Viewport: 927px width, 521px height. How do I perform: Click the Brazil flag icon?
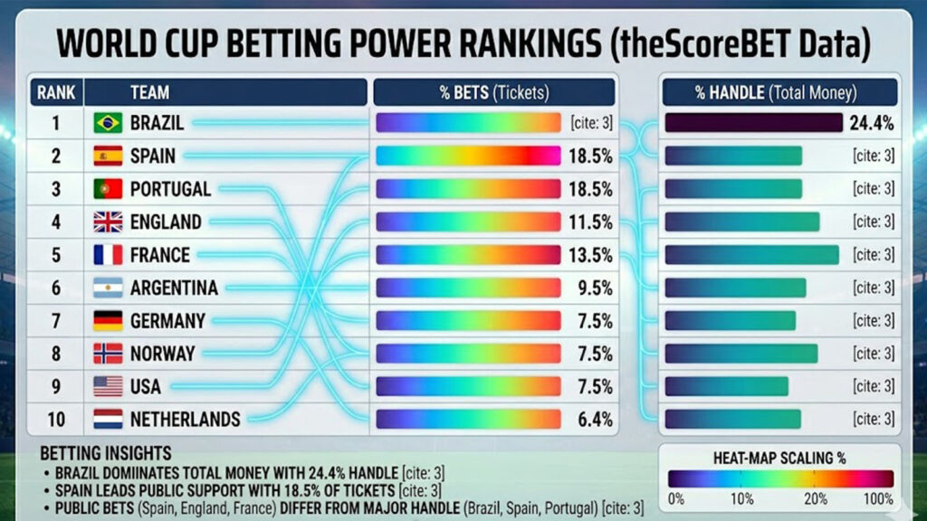(108, 123)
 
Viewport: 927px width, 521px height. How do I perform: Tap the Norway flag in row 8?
(108, 354)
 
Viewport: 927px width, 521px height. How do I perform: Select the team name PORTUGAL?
(170, 189)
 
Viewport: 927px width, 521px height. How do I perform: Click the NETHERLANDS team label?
(186, 420)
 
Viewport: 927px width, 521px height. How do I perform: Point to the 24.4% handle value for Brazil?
(872, 123)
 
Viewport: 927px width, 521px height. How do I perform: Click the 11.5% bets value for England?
(590, 222)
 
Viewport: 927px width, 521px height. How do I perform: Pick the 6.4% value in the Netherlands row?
(594, 420)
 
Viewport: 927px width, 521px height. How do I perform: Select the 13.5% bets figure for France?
(590, 255)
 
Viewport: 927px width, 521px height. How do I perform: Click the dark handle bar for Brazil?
(753, 123)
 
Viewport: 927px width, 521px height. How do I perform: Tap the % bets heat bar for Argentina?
(468, 288)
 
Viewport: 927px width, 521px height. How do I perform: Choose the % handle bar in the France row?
(751, 255)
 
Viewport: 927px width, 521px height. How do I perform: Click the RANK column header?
(55, 92)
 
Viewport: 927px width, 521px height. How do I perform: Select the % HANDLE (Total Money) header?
(779, 92)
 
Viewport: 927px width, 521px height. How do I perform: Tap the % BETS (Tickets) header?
(494, 92)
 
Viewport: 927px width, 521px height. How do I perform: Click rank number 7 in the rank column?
(55, 321)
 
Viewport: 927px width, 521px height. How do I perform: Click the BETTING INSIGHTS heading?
(106, 452)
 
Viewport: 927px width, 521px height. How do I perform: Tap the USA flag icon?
(108, 386)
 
